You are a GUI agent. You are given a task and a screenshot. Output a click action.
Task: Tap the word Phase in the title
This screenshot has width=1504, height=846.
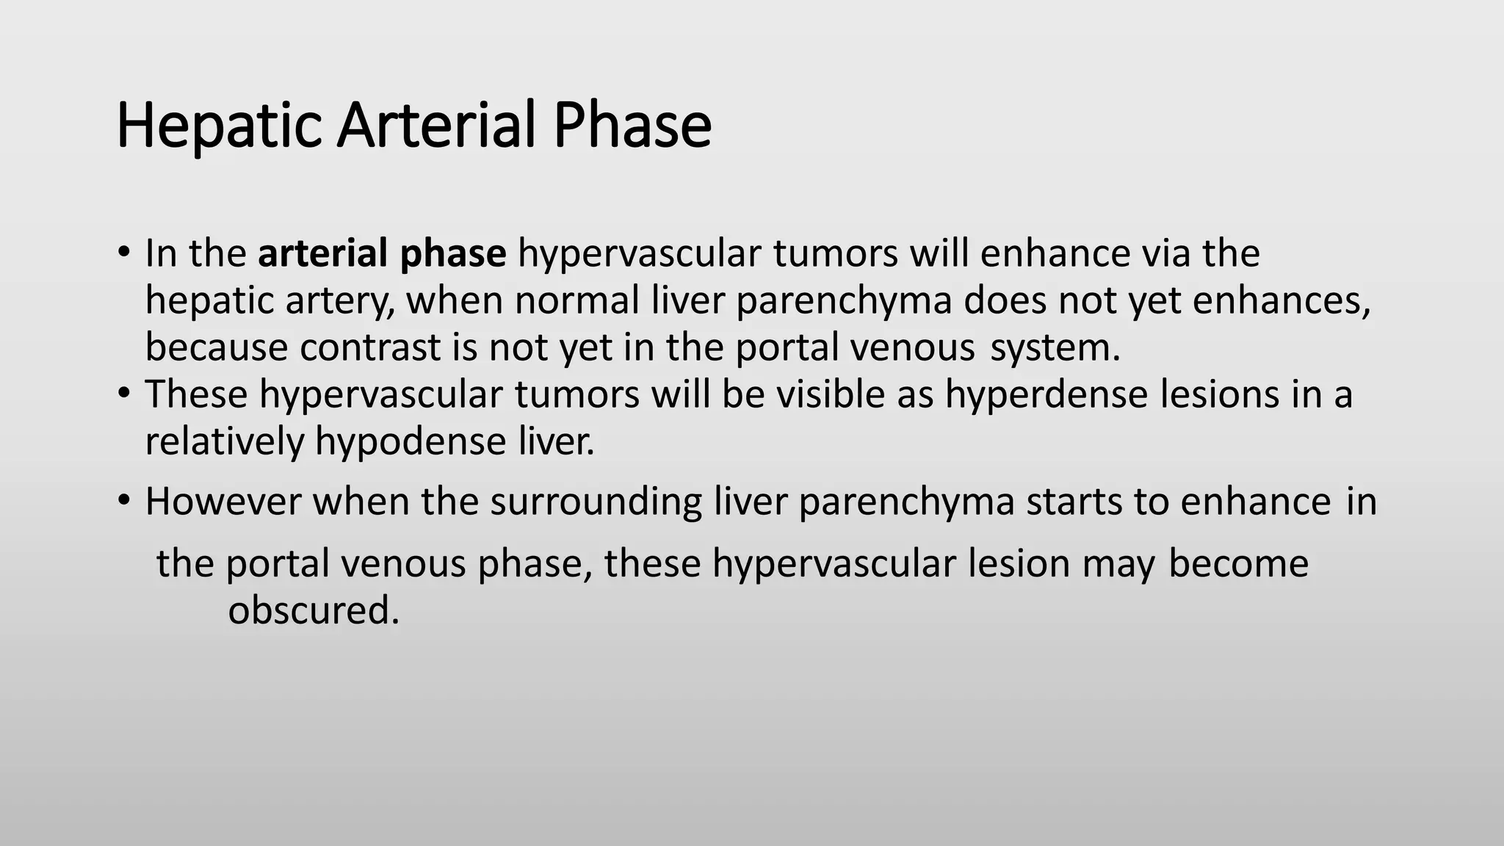[x=632, y=125]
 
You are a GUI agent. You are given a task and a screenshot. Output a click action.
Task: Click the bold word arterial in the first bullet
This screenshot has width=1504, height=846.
[x=324, y=253]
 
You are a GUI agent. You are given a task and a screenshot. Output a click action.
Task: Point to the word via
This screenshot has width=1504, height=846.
[x=1165, y=253]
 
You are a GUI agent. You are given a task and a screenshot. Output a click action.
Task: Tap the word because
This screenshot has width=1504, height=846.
[x=216, y=347]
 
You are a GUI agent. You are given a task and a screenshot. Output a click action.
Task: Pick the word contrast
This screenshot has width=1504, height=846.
[x=370, y=347]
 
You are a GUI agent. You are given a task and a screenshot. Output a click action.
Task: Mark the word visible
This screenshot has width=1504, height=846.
[x=831, y=394]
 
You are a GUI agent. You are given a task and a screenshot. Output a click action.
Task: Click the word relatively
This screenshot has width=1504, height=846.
[x=224, y=442]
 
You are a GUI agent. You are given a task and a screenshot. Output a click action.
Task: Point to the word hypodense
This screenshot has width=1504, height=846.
[x=411, y=442]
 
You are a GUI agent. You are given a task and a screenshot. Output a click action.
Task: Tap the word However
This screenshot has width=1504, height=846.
[x=223, y=502]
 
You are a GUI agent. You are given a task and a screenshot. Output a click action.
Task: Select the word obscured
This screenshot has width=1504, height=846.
[x=314, y=610]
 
